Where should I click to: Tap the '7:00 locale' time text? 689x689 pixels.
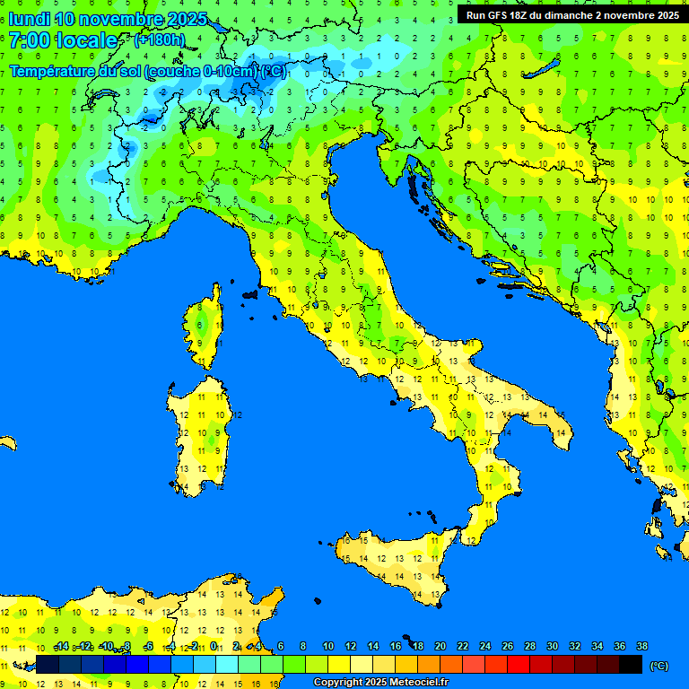coord(63,40)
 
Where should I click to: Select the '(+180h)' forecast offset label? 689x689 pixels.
coord(159,40)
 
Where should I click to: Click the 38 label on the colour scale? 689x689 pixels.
coord(641,646)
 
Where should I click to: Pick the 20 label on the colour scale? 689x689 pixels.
coord(440,646)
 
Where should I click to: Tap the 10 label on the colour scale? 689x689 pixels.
coord(327,646)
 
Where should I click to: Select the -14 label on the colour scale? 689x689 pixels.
coord(60,646)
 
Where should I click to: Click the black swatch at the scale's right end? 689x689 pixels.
coord(631,664)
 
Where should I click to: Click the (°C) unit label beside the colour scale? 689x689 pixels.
coord(658,665)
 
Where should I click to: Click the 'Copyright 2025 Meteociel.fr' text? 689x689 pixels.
coord(380,683)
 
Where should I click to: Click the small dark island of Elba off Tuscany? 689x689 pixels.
coord(249,293)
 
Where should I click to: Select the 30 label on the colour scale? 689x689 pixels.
coord(552,646)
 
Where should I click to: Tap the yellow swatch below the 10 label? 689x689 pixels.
coord(339,664)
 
